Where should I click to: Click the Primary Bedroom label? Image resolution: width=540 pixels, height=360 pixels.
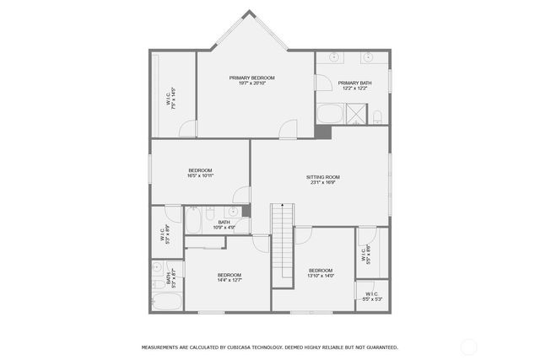tap(251, 80)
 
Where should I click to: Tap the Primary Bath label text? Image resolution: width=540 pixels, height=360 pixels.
tap(353, 85)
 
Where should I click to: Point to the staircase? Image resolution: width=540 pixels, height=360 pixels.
tap(280, 239)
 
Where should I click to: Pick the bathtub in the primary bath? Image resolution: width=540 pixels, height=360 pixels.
tap(330, 114)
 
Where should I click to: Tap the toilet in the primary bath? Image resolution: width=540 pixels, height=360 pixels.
tap(378, 116)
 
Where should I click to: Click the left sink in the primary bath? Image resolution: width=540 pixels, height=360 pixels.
tap(335, 57)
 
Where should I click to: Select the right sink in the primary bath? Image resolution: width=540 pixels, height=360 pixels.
tap(369, 57)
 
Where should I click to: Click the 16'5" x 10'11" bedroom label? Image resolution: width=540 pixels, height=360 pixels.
tap(200, 173)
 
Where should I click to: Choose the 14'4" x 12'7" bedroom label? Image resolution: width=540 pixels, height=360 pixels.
tap(229, 278)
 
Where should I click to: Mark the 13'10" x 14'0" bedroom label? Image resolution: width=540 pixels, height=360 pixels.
tap(321, 272)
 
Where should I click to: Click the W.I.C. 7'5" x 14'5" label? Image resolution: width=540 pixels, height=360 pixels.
tap(171, 99)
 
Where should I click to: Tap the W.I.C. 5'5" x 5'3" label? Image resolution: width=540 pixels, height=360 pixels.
tap(372, 296)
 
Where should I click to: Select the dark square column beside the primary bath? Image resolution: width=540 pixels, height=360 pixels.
tap(323, 132)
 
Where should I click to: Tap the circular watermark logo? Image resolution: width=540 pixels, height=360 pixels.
tap(467, 346)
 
